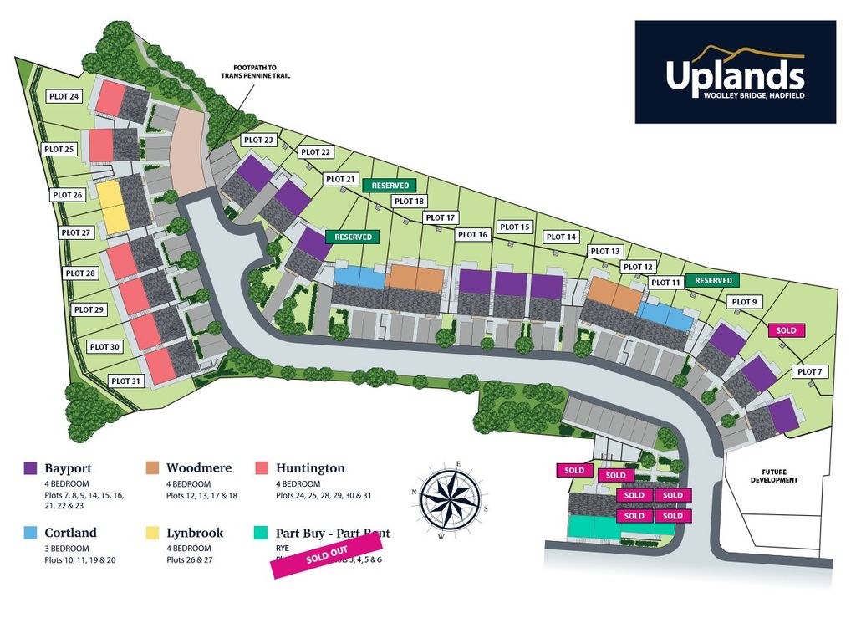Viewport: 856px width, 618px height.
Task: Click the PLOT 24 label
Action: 64,96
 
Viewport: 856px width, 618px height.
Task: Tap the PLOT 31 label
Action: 125,381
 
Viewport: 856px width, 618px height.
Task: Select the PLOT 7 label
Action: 810,371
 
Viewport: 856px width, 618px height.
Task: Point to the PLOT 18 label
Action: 410,201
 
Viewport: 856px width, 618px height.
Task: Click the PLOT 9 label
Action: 744,302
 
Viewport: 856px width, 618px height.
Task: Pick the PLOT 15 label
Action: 514,227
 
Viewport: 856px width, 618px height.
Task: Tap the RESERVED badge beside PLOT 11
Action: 713,281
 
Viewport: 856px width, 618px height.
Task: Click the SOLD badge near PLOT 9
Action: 786,330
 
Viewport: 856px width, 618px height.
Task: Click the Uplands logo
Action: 735,72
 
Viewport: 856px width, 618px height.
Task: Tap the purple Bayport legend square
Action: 31,468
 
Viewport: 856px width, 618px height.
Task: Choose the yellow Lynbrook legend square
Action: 154,533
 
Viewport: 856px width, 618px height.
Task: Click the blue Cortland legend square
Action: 31,533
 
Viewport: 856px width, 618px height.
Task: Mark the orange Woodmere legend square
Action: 154,468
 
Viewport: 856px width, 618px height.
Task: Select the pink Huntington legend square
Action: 261,468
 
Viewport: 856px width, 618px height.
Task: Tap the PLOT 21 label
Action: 341,179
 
